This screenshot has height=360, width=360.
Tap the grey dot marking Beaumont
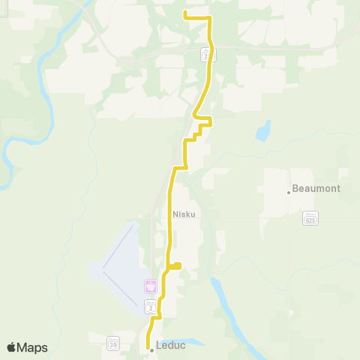[x=289, y=192]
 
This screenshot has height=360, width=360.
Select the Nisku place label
[x=184, y=214]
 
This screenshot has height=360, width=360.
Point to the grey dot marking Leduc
[x=151, y=349]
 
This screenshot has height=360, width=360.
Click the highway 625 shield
[x=310, y=218]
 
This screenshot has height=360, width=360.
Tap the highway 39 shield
[x=113, y=343]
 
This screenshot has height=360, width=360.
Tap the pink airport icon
[x=150, y=286]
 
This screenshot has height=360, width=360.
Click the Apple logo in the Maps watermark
[x=11, y=347]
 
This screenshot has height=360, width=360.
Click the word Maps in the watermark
[x=33, y=347]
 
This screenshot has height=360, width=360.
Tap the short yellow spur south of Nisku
[x=177, y=264]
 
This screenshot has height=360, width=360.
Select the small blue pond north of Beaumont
[x=262, y=133]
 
